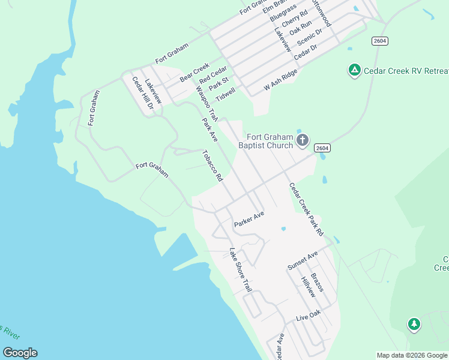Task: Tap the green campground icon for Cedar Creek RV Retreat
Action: pyautogui.click(x=355, y=71)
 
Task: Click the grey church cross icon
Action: pyautogui.click(x=303, y=141)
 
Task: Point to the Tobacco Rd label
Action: pyautogui.click(x=212, y=166)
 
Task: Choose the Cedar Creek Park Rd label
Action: pyautogui.click(x=306, y=209)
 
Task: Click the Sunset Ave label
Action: pyautogui.click(x=302, y=261)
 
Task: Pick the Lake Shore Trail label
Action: pyautogui.click(x=240, y=270)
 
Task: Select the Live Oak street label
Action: pyautogui.click(x=309, y=316)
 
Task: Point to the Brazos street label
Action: pyautogui.click(x=318, y=280)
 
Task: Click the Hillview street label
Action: pyautogui.click(x=308, y=287)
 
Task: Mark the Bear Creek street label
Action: pyautogui.click(x=194, y=72)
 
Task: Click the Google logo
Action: pyautogui.click(x=20, y=353)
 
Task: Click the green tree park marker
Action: pyautogui.click(x=414, y=325)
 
